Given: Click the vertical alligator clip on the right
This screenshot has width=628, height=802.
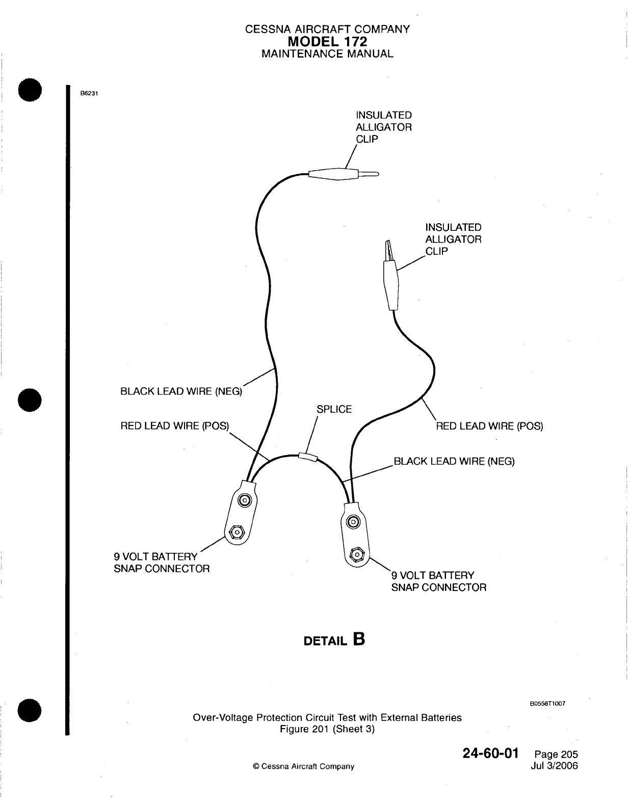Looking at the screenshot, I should (x=391, y=278).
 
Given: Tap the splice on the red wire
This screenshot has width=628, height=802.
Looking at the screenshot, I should (x=308, y=457).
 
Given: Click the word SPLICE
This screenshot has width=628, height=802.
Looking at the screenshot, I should (x=334, y=409).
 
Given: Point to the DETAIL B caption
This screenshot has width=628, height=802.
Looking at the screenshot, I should (x=334, y=639).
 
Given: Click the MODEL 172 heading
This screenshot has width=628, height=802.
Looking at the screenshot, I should (x=327, y=41).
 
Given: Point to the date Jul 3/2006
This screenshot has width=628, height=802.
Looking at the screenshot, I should (x=555, y=766).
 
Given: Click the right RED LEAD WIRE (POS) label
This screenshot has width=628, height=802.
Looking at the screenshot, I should (x=489, y=426).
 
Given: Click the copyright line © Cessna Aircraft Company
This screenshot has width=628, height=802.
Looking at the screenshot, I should (x=304, y=766).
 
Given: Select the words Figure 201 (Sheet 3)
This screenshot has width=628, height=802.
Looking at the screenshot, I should (x=327, y=729).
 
